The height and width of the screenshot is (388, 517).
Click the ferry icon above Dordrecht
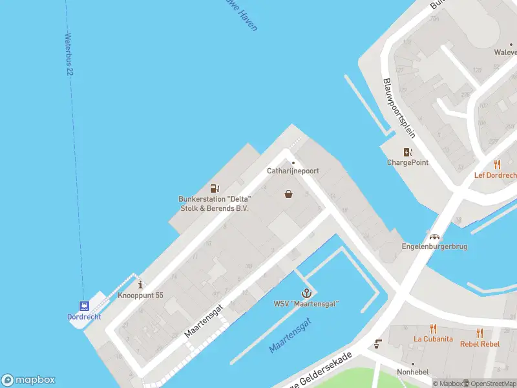point(84,306)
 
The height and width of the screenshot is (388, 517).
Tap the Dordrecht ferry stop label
point(84,317)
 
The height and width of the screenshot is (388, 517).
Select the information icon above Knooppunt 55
point(140,285)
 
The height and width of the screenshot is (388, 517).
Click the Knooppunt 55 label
point(140,296)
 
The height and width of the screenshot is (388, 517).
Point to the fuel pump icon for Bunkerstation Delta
point(214,188)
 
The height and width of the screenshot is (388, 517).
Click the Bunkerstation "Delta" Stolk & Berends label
point(214,203)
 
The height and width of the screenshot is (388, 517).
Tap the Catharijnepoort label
point(293,171)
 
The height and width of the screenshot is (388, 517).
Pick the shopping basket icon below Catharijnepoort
point(288,193)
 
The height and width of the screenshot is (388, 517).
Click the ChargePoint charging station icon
point(408,153)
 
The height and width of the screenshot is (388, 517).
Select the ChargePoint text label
point(408,162)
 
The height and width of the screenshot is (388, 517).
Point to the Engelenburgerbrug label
point(434,246)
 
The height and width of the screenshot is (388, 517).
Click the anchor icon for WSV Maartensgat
point(306,294)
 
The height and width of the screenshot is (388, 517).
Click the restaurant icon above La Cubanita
point(433,329)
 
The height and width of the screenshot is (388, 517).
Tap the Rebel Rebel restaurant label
point(480,343)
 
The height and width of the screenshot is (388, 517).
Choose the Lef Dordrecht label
point(496,175)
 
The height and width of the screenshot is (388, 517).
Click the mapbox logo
point(28,380)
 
